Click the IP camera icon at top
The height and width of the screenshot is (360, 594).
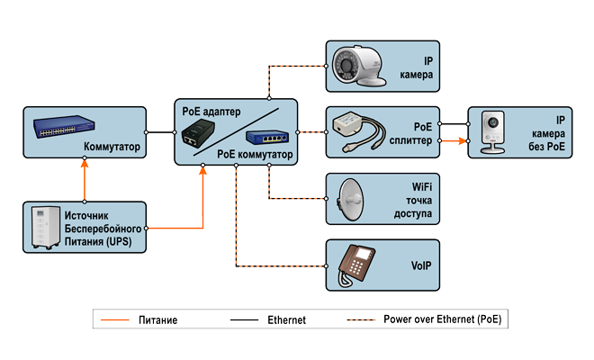click(355, 67)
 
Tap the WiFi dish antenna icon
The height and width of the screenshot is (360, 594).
click(353, 198)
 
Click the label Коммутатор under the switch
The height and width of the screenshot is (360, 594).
click(112, 146)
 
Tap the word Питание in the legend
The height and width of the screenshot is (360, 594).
click(158, 319)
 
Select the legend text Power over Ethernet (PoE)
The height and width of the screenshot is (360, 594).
click(448, 319)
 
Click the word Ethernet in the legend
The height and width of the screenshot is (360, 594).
click(286, 319)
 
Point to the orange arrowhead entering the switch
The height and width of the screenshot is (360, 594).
click(85, 166)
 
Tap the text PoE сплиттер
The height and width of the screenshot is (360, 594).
click(419, 133)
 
